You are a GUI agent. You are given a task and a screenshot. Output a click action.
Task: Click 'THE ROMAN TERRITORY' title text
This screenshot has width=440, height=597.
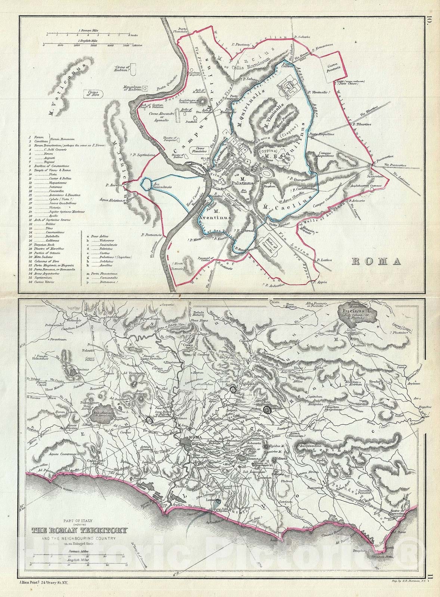79,531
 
